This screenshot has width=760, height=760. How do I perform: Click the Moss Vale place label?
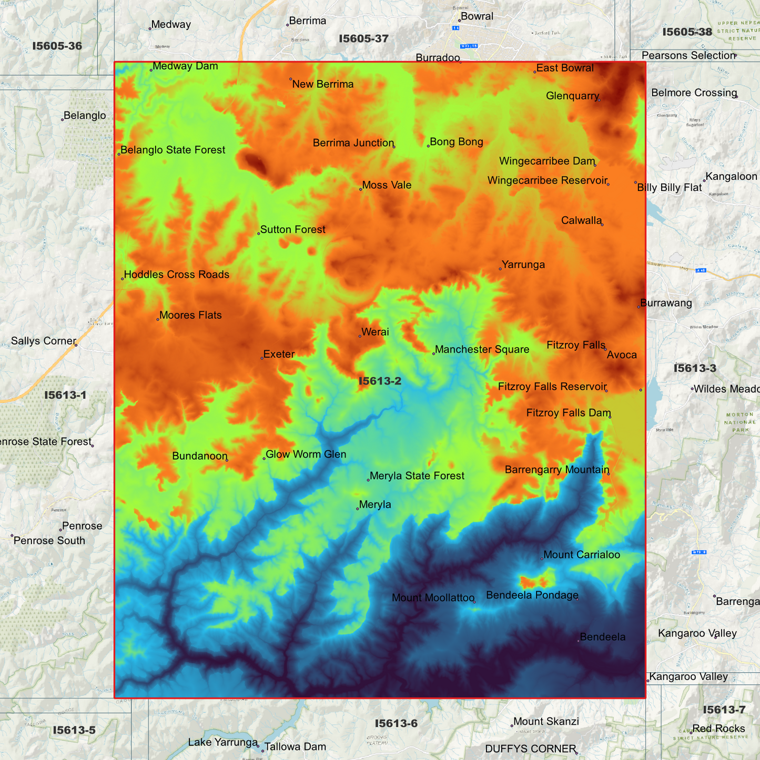click(387, 185)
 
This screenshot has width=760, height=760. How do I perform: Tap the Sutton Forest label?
click(292, 230)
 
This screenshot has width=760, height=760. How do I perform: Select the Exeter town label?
click(279, 354)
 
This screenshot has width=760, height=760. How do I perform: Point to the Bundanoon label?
click(200, 456)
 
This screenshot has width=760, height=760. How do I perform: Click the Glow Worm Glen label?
click(306, 454)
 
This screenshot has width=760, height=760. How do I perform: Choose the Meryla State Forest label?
click(417, 476)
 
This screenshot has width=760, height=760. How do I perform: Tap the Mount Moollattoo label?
click(433, 598)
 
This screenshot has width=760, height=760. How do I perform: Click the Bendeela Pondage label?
click(532, 595)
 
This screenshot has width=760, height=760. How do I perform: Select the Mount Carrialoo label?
click(581, 555)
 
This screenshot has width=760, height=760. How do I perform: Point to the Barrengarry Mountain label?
click(557, 470)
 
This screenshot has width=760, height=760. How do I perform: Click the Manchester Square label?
click(482, 350)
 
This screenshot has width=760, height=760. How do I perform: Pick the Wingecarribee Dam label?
click(547, 161)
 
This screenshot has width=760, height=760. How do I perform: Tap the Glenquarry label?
click(572, 96)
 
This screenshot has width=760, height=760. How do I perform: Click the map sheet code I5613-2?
click(380, 381)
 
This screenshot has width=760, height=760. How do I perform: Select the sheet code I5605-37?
click(363, 39)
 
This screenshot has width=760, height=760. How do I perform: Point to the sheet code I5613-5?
click(74, 730)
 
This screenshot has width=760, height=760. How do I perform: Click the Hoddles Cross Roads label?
click(176, 275)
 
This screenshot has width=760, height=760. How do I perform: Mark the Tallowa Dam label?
click(295, 747)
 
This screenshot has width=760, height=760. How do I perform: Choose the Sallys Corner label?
click(44, 341)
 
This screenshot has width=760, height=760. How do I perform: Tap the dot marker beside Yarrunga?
click(500, 269)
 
